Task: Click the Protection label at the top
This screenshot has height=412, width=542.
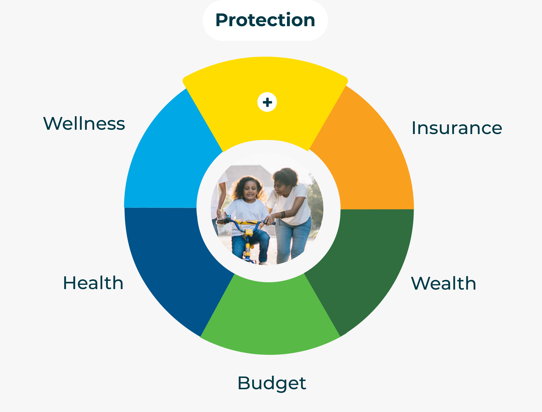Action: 265,20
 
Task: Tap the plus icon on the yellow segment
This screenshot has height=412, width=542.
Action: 267,102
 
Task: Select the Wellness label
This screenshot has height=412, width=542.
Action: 84,123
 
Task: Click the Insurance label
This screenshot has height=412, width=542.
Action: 457,128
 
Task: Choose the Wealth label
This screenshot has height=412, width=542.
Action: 444,283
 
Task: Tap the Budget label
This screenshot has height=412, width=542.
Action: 272,383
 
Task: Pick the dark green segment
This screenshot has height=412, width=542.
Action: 367,265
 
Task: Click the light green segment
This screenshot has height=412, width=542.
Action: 270,316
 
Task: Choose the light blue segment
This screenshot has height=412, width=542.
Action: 171,159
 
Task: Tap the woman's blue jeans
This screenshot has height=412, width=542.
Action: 293,239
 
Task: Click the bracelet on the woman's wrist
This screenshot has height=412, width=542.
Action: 283,215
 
